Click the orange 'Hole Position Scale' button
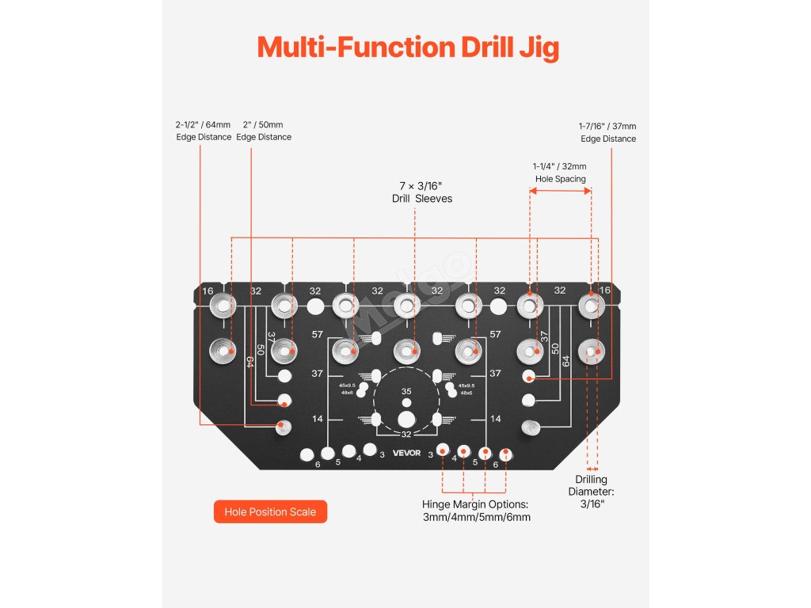click(270, 511)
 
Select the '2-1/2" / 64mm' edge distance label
click(204, 125)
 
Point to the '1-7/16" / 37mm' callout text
click(607, 126)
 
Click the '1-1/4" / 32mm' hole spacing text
click(559, 166)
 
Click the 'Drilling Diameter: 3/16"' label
click(591, 492)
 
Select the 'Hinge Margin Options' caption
click(476, 504)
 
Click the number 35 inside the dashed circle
click(406, 392)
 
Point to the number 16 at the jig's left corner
click(208, 291)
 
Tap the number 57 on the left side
click(317, 335)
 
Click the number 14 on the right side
click(496, 419)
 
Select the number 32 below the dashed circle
click(406, 434)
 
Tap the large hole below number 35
click(406, 419)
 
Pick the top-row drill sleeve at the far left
click(223, 305)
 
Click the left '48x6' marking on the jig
click(347, 393)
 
